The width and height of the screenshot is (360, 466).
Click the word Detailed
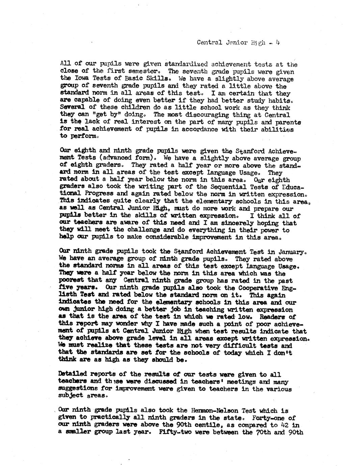[x=72, y=374]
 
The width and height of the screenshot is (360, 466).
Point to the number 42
[x=286, y=425]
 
